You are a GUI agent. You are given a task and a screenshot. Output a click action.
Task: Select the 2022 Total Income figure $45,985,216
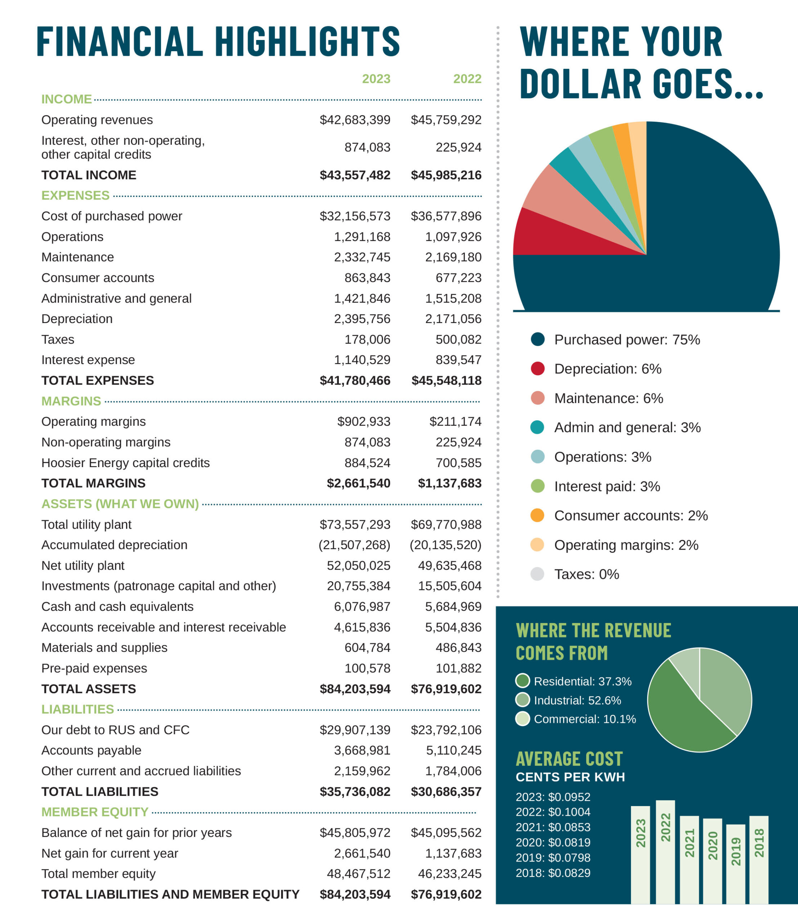pyautogui.click(x=446, y=175)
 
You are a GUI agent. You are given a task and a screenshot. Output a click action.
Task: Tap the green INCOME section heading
pyautogui.click(x=66, y=99)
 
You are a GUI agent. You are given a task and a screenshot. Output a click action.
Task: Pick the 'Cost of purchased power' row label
pyautogui.click(x=112, y=216)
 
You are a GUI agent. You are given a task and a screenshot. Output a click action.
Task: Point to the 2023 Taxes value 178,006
pyautogui.click(x=367, y=339)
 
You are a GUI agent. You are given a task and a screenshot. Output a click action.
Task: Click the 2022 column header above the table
pyautogui.click(x=467, y=79)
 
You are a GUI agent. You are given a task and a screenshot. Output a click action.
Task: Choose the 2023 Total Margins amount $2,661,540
pyautogui.click(x=358, y=483)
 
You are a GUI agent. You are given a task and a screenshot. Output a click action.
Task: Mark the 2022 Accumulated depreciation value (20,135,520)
pyautogui.click(x=445, y=545)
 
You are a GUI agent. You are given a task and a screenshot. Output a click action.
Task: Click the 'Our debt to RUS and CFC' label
pyautogui.click(x=115, y=730)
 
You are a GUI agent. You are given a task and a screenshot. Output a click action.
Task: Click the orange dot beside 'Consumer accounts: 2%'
pyautogui.click(x=538, y=515)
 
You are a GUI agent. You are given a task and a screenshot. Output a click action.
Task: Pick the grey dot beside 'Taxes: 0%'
pyautogui.click(x=538, y=574)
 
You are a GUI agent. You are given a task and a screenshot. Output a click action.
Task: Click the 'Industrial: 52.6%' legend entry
pyautogui.click(x=577, y=700)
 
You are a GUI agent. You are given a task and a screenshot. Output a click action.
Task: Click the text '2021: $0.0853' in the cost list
pyautogui.click(x=553, y=827)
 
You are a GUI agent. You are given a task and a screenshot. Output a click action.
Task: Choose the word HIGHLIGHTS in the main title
pyautogui.click(x=307, y=41)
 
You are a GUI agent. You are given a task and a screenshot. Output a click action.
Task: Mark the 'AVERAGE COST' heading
pyautogui.click(x=569, y=759)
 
